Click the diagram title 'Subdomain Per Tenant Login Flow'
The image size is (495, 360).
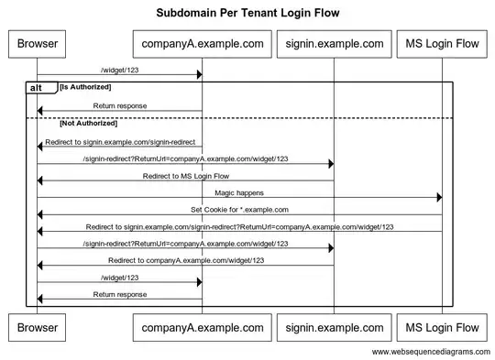[x=247, y=14]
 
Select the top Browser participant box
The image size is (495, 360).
[x=37, y=43]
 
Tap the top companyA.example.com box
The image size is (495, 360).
[x=202, y=43]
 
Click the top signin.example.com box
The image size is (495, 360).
[x=333, y=43]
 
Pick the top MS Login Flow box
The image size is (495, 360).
[x=442, y=43]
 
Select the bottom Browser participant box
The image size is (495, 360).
[x=37, y=327]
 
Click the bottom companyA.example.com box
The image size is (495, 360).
[x=202, y=327]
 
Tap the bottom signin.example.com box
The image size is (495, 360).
[x=333, y=327]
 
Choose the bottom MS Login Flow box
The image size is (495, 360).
[x=442, y=327]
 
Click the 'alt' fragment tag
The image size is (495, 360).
[x=39, y=88]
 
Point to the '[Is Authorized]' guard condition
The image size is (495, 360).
[x=85, y=86]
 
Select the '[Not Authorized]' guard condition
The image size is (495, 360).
[x=88, y=123]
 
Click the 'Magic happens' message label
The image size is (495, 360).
[x=239, y=193]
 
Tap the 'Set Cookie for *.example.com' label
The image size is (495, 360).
[x=239, y=210]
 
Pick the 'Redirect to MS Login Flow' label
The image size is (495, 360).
[x=185, y=176]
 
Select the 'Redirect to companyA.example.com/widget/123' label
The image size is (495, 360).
[x=185, y=260]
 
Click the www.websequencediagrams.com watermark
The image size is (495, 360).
[x=431, y=352]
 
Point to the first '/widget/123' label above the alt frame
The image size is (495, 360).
[x=120, y=69]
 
